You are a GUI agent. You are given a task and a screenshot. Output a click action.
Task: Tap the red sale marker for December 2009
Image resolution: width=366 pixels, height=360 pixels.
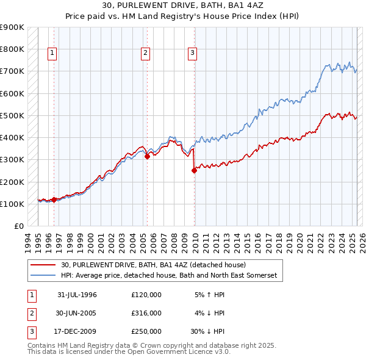[195, 171]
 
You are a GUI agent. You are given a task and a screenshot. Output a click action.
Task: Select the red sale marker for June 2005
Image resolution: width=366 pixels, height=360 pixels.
[148, 156]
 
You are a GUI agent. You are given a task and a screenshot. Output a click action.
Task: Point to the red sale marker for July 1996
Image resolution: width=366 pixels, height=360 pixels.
[54, 199]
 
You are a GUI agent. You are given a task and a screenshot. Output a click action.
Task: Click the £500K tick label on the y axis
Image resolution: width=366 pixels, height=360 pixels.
[12, 115]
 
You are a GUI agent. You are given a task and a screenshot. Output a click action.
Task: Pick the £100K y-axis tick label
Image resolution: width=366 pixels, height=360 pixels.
[12, 204]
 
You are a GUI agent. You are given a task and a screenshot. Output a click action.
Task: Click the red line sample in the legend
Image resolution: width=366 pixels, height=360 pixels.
[43, 265]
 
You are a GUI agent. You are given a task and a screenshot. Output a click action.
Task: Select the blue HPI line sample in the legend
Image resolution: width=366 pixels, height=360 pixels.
[43, 276]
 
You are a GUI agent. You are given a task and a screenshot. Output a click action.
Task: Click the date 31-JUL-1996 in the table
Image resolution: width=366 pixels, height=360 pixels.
[77, 295]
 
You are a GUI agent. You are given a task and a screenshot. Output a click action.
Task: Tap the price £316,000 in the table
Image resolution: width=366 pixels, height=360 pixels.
[146, 313]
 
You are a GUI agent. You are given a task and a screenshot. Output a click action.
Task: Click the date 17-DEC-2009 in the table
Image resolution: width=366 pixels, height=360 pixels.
[77, 331]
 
